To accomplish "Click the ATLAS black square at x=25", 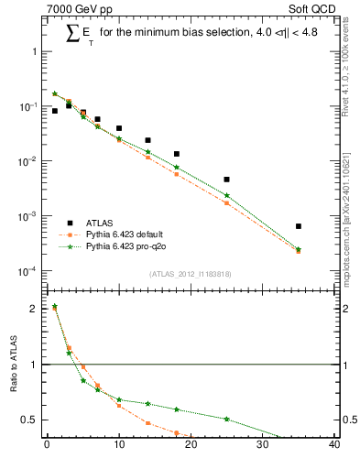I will click(226, 180).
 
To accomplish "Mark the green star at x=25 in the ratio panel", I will click(226, 419).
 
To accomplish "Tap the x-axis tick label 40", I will click(334, 445).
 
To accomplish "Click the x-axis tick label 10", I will click(118, 445).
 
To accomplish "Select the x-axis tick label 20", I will click(191, 445).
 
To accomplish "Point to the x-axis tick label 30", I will click(263, 445).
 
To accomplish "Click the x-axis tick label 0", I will click(47, 445).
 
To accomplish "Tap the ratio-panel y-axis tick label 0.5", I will click(29, 420).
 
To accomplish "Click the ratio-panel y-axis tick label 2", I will click(33, 309).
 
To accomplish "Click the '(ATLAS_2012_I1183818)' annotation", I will click(190, 274).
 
